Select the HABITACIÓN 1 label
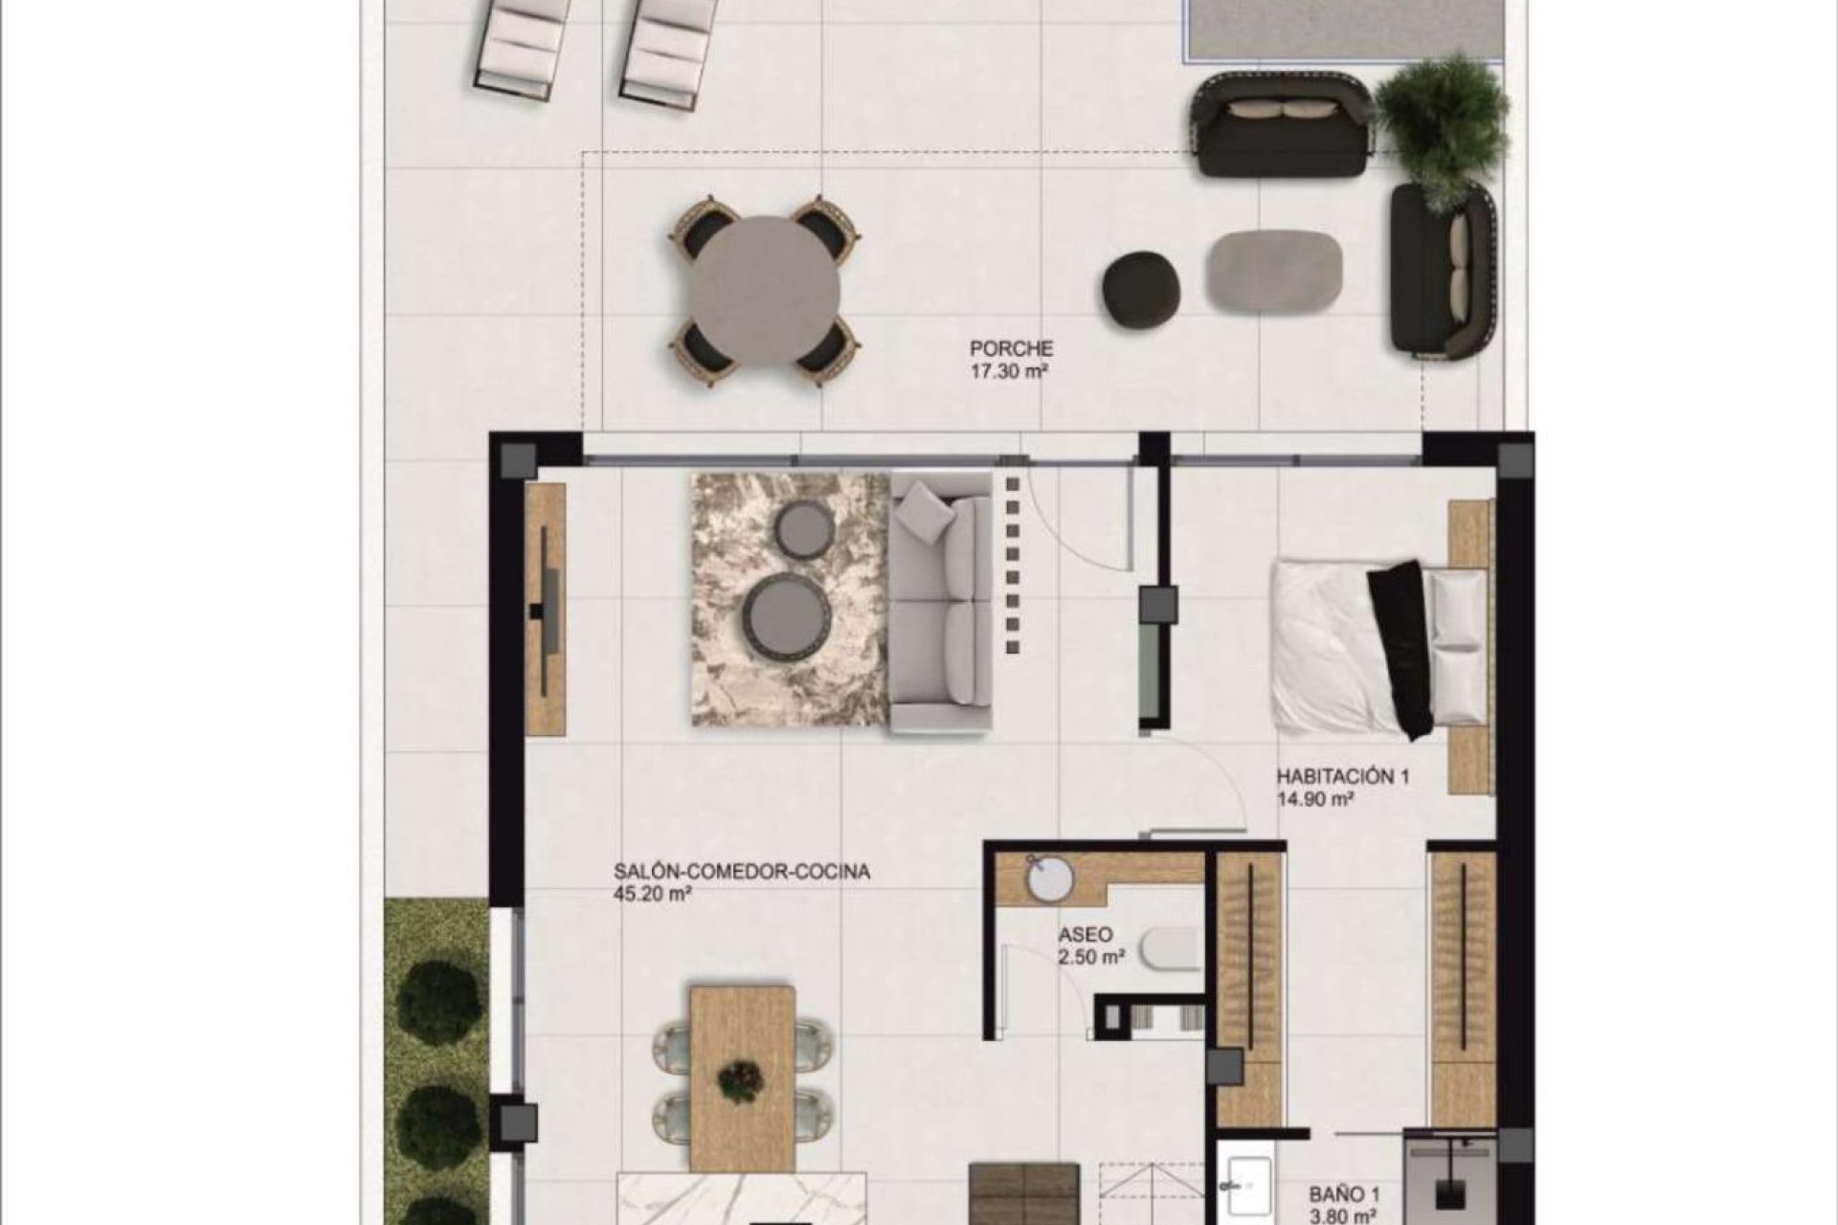(1343, 777)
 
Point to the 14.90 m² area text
(1314, 800)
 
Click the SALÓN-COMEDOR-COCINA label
(742, 873)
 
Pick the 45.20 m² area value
(652, 896)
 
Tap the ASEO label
(1086, 935)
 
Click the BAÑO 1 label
(1345, 1194)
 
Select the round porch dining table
(766, 291)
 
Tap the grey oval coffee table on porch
(1272, 271)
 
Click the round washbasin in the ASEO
(1050, 878)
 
